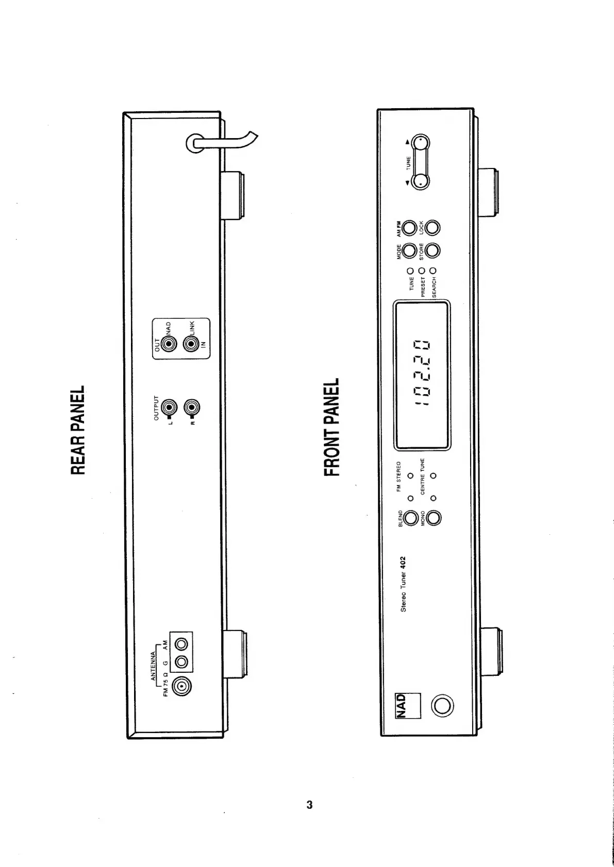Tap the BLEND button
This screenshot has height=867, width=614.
[411, 518]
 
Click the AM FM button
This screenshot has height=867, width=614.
[410, 227]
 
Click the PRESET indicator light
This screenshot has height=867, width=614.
[422, 270]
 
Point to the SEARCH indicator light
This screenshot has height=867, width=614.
[433, 270]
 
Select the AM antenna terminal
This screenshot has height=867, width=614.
[181, 644]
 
